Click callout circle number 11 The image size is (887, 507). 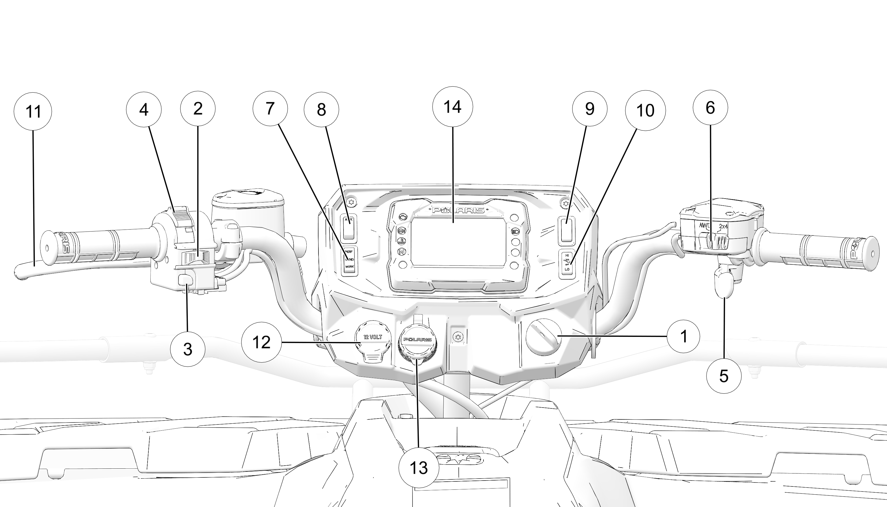click(x=33, y=112)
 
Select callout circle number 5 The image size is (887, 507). click(x=724, y=376)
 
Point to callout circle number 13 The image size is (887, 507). click(x=418, y=468)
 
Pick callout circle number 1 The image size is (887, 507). click(x=683, y=336)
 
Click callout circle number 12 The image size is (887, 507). click(x=261, y=342)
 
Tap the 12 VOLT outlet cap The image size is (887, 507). click(x=373, y=338)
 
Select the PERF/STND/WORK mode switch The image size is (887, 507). click(x=349, y=261)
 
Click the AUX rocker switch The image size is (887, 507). click(x=349, y=227)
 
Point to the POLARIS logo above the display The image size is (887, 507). click(x=458, y=210)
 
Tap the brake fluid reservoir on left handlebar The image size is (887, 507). click(x=248, y=209)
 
